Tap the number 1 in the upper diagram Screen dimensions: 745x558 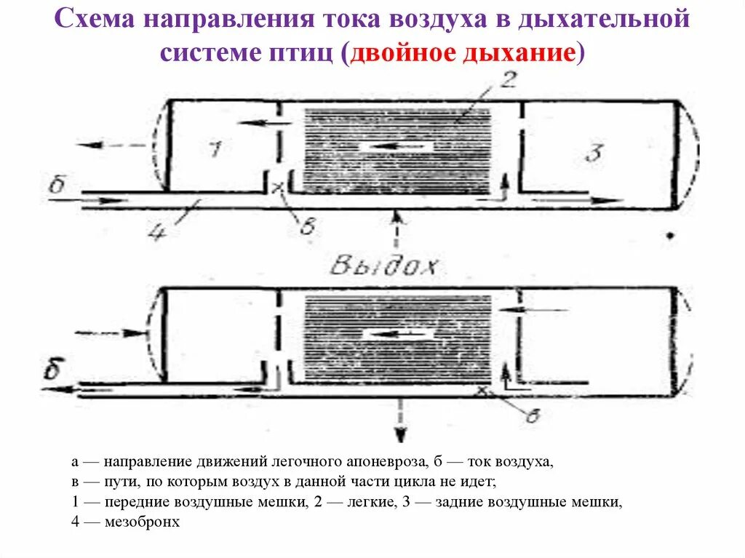tap(214, 149)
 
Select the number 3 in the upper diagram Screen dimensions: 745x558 tap(594, 153)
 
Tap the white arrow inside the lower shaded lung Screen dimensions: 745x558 tap(399, 335)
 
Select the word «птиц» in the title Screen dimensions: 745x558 tap(302, 55)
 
